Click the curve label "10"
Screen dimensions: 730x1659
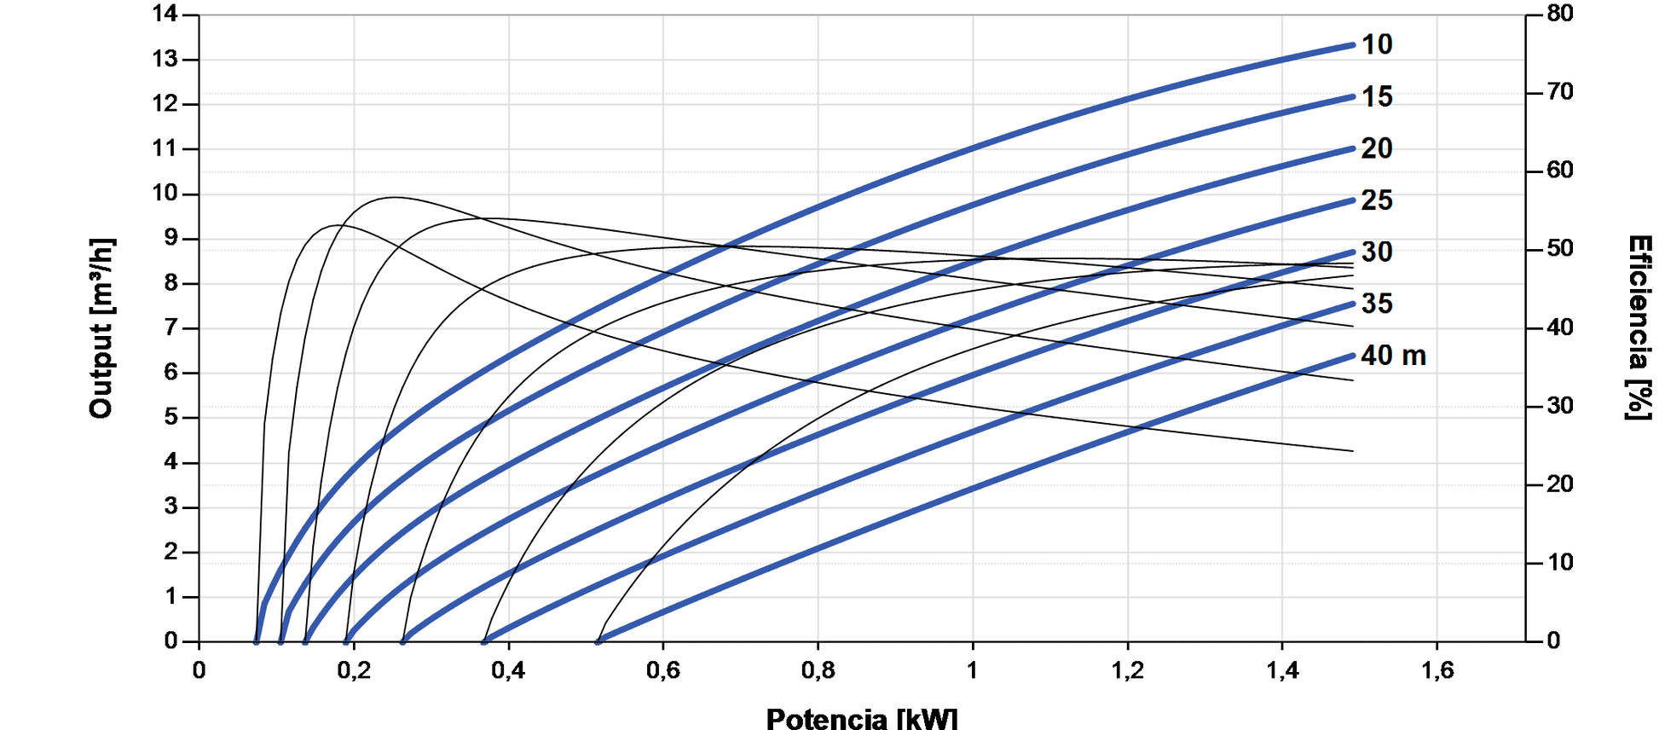pos(1376,44)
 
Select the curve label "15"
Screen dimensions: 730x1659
pos(1376,96)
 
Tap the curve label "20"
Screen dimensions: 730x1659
pos(1376,148)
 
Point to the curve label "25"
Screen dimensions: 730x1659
pos(1376,200)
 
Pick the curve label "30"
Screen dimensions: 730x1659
pos(1376,252)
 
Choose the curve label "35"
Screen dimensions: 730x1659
pos(1376,304)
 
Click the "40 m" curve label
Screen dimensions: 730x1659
pos(1392,356)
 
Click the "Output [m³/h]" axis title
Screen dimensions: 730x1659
pos(101,328)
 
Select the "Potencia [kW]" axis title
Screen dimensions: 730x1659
pos(862,718)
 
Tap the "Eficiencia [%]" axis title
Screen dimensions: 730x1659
pos(1639,328)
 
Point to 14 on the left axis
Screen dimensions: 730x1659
pos(165,14)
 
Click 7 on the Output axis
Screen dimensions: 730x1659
pos(171,327)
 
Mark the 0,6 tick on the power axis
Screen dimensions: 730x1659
pos(662,670)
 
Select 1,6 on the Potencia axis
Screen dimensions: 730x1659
pos(1436,670)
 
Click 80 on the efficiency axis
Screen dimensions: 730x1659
pos(1560,14)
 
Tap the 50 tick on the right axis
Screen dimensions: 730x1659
pos(1560,249)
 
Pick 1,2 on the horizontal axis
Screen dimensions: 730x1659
pos(1127,670)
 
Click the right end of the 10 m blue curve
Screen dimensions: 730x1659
pos(1352,45)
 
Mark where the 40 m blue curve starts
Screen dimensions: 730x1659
pos(598,640)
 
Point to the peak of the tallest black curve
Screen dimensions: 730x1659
pos(392,198)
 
